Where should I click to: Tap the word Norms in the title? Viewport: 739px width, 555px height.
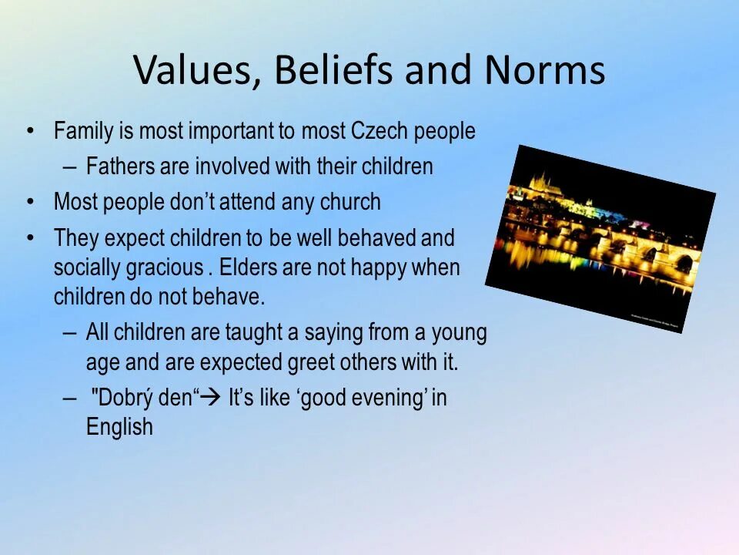pos(544,71)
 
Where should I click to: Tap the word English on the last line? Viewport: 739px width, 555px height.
pos(119,427)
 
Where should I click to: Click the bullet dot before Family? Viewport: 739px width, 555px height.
pos(30,132)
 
